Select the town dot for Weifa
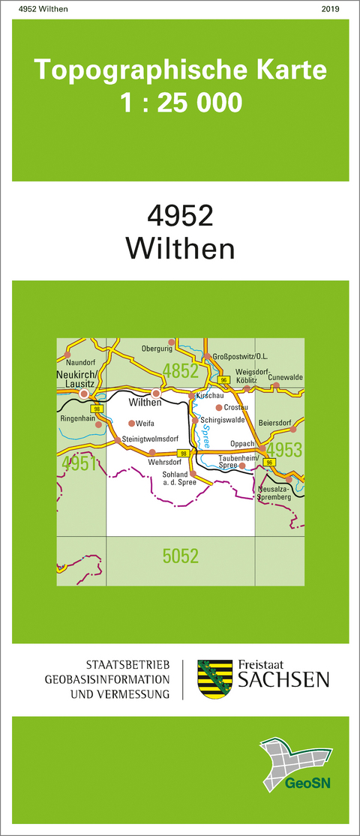point(131,424)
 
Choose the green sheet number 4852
point(180,370)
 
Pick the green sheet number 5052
point(180,556)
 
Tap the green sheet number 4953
point(284,450)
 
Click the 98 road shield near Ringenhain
point(96,409)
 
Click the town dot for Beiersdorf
point(293,430)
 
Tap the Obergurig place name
point(157,349)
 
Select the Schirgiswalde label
point(223,421)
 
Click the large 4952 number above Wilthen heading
point(180,216)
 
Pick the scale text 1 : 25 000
point(180,101)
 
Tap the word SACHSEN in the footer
point(283,680)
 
